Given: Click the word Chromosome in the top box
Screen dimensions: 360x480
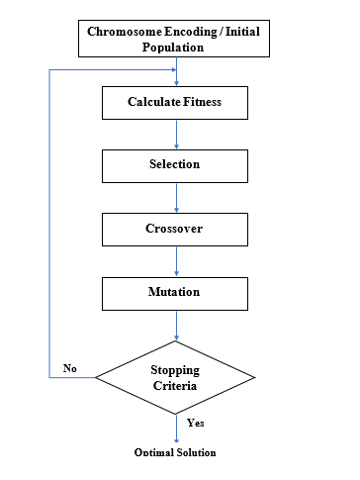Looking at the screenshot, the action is click(x=125, y=32).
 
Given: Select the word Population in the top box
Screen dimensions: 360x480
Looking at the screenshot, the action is click(x=173, y=48).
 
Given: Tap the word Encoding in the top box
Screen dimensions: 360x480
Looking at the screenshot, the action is click(x=191, y=33).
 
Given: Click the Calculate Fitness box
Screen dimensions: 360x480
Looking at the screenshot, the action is click(x=175, y=103).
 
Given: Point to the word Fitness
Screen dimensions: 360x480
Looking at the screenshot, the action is click(x=202, y=102).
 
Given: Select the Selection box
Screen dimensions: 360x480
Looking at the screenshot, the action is click(x=175, y=166).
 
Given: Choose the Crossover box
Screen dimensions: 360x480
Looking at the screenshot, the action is click(x=175, y=230).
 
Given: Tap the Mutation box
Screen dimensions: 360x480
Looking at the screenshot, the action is click(x=175, y=294).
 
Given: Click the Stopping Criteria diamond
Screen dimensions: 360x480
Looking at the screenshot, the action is click(x=175, y=377).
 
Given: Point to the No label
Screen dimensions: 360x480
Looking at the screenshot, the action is click(x=70, y=368).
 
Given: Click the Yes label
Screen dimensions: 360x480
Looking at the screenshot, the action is click(x=196, y=423).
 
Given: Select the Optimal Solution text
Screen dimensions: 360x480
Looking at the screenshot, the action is click(x=175, y=452).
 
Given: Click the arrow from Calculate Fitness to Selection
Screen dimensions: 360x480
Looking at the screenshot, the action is click(x=176, y=135).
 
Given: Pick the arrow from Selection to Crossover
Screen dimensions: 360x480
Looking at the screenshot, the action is click(x=176, y=198).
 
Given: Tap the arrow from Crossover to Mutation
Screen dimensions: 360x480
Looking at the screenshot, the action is click(x=176, y=261).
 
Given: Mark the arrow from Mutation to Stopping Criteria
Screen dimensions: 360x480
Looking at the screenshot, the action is click(x=176, y=326).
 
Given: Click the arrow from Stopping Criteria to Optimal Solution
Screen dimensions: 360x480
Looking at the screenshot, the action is click(x=176, y=429).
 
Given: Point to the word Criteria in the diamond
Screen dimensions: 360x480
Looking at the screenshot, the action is click(x=175, y=386).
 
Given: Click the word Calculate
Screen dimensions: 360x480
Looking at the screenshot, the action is click(x=154, y=102).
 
